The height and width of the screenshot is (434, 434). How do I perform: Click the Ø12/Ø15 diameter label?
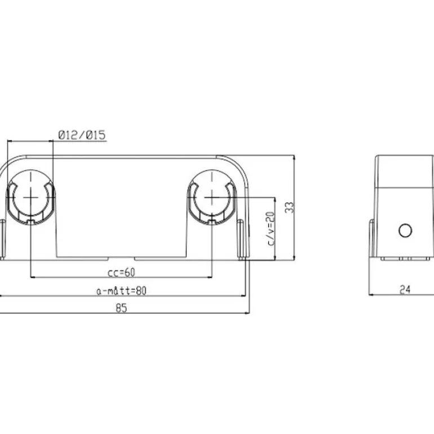pyautogui.click(x=82, y=135)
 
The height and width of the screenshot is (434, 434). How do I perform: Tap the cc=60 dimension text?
pyautogui.click(x=121, y=272)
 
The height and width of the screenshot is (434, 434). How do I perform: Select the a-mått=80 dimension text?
pyautogui.click(x=121, y=291)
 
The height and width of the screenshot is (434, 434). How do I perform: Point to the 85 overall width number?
pyautogui.click(x=121, y=308)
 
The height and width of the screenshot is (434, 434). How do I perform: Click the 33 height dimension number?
pyautogui.click(x=289, y=207)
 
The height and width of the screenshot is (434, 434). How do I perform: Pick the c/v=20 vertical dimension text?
pyautogui.click(x=270, y=229)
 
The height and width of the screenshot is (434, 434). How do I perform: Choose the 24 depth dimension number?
pyautogui.click(x=405, y=290)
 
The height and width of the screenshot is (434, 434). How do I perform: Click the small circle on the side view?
pyautogui.click(x=405, y=231)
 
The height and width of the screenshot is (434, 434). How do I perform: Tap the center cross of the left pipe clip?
pyautogui.click(x=31, y=197)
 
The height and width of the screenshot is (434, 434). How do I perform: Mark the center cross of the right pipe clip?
pyautogui.click(x=212, y=197)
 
